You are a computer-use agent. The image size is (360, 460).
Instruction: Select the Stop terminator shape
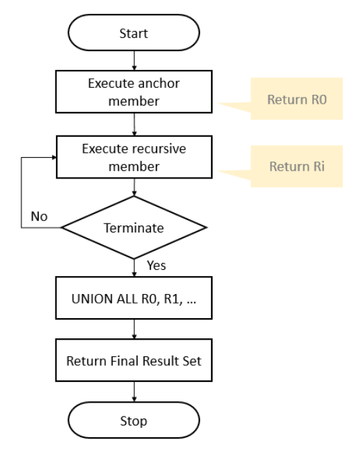[134, 420]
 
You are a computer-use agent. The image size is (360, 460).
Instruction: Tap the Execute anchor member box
[134, 92]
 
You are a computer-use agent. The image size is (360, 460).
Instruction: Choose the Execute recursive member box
[134, 158]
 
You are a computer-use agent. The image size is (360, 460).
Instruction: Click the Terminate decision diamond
[134, 227]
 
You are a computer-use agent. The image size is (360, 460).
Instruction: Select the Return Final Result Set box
[134, 360]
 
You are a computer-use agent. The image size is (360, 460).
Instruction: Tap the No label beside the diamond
[39, 216]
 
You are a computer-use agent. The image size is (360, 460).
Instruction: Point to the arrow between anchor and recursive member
[134, 125]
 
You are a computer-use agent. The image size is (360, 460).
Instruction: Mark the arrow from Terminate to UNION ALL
[134, 268]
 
